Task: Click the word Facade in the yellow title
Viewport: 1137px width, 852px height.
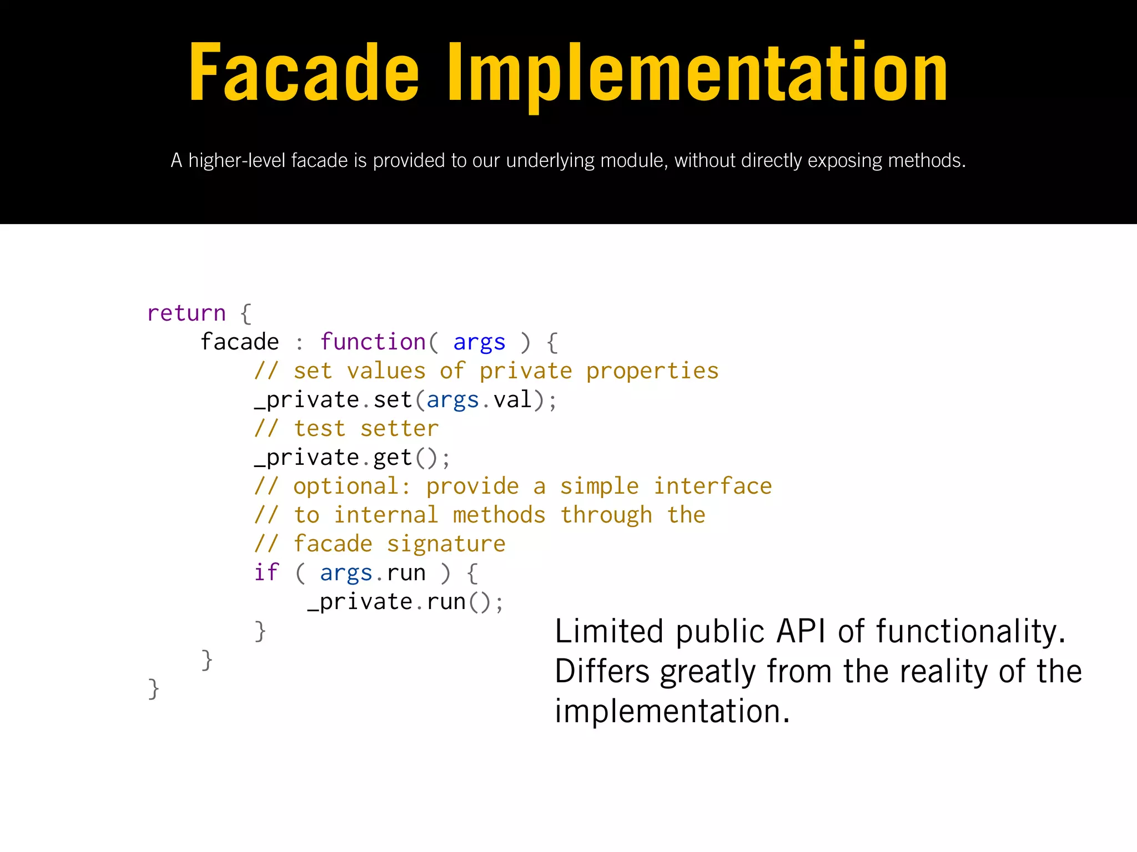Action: click(x=304, y=73)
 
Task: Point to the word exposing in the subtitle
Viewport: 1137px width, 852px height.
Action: click(x=845, y=161)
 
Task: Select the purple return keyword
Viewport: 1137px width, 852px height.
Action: click(x=187, y=313)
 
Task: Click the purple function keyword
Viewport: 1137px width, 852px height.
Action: click(x=373, y=342)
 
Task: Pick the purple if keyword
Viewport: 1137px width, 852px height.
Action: click(x=266, y=572)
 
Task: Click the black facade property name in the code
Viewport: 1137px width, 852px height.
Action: click(x=240, y=342)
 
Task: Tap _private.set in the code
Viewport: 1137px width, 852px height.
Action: click(x=333, y=400)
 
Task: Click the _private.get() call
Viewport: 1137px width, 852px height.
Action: click(x=352, y=458)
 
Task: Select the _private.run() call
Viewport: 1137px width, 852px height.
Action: click(x=405, y=602)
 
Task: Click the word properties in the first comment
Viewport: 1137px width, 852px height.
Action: click(x=652, y=371)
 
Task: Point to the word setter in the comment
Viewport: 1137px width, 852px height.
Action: click(x=399, y=429)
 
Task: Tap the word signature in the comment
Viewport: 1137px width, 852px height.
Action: click(x=446, y=544)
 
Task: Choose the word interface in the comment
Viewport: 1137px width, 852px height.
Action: click(x=713, y=486)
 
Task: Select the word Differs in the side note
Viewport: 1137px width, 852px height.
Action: click(x=602, y=672)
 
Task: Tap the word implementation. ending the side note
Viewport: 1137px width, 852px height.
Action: click(x=672, y=712)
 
